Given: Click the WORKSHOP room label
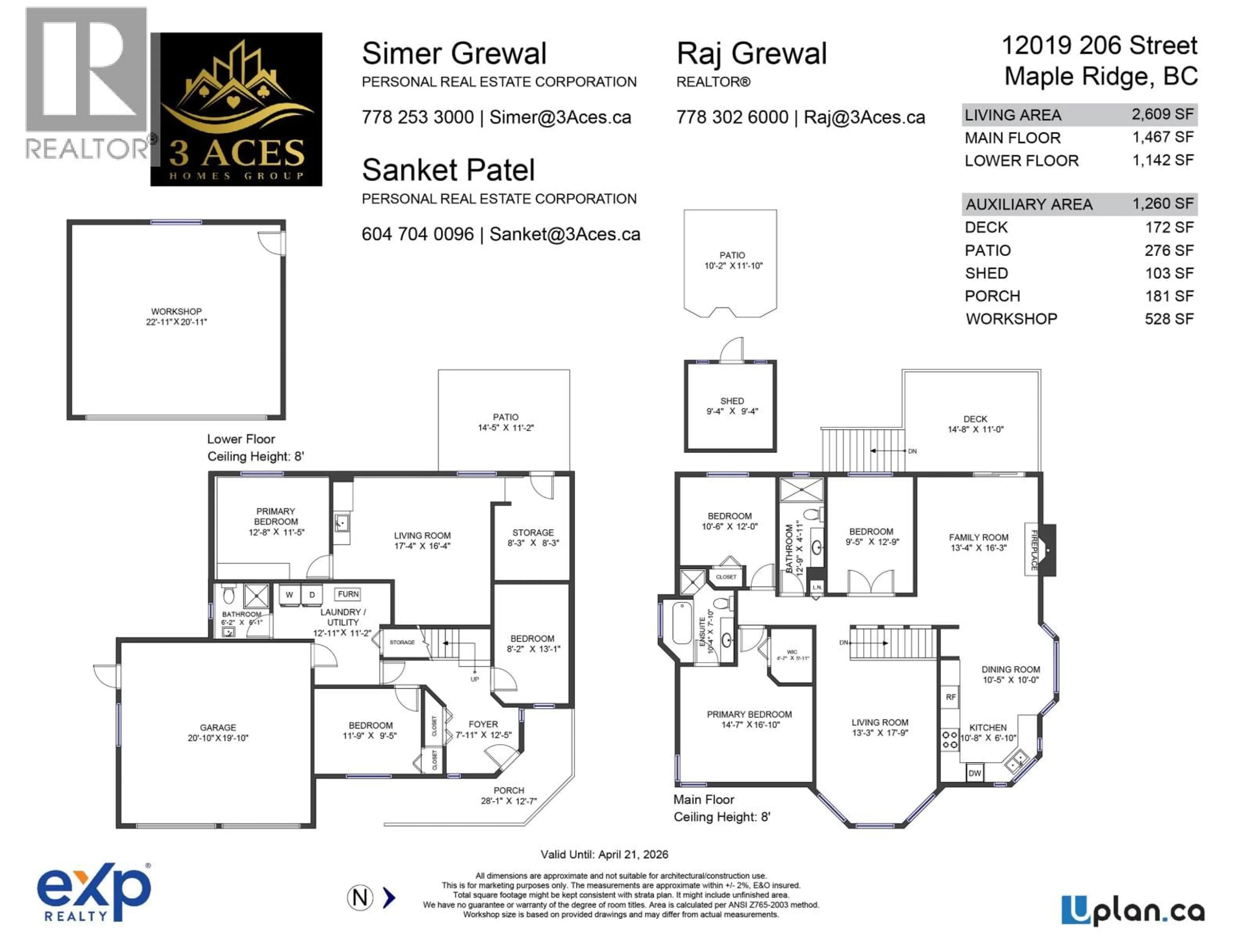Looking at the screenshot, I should (x=176, y=312).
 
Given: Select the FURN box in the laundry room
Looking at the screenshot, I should (x=348, y=594).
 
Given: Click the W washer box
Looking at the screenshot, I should (x=289, y=595).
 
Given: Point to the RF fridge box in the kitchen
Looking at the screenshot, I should (x=951, y=697).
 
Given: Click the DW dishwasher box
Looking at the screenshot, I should (x=974, y=773).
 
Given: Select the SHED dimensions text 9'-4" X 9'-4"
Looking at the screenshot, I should (x=732, y=412).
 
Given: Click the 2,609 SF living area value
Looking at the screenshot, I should (x=1162, y=115).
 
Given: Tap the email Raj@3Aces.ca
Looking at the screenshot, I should (x=864, y=118).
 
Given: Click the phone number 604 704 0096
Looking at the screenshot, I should (x=417, y=234).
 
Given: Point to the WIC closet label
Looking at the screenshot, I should (x=792, y=652).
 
